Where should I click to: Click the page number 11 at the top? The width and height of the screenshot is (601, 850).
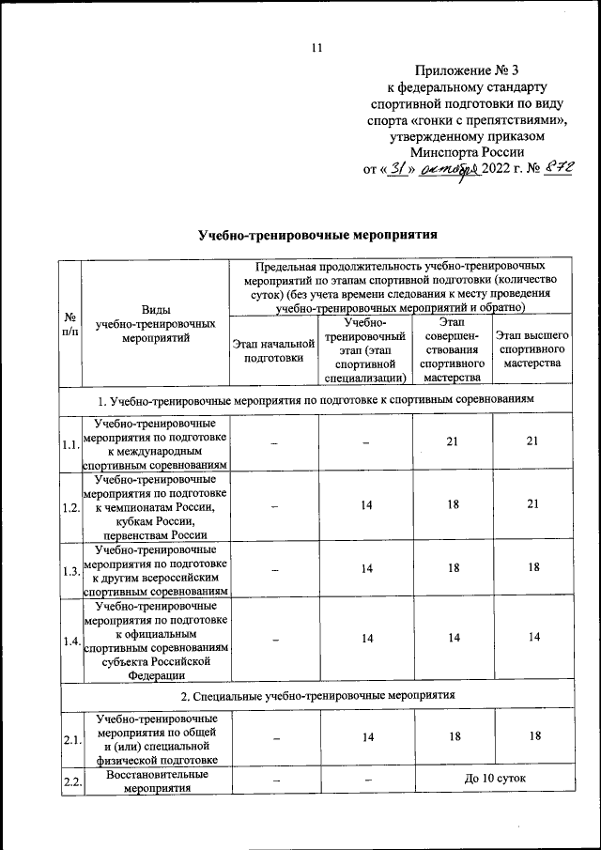[x=316, y=50]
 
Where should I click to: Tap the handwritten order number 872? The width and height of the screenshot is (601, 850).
[x=534, y=170]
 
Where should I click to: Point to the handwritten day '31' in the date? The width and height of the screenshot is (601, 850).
[x=397, y=170]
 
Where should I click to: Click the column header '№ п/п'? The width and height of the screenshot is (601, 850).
[x=69, y=325]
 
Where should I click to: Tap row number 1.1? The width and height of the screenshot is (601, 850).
[x=69, y=444]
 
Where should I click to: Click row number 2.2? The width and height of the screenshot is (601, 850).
[x=69, y=781]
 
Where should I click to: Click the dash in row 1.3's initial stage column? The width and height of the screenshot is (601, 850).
[x=274, y=569]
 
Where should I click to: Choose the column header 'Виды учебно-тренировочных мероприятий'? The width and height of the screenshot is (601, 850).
[x=156, y=325]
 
